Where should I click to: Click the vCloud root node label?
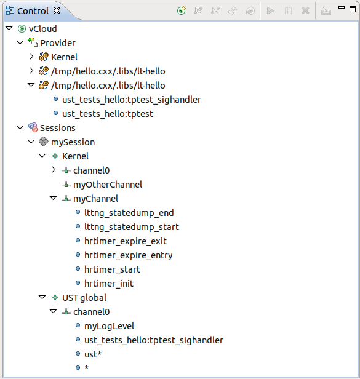pos(42,29)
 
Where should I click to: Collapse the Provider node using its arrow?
pos(20,42)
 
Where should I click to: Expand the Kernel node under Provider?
pos(31,57)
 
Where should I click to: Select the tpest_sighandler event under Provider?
pos(132,100)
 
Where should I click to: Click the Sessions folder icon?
pos(33,127)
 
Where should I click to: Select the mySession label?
pos(73,142)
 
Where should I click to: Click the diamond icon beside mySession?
pos(44,142)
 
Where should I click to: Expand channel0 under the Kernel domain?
pos(54,170)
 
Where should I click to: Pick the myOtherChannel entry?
pos(108,185)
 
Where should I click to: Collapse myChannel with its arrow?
pos(53,198)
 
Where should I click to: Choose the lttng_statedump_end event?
pos(129,213)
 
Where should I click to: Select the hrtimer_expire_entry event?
pos(129,255)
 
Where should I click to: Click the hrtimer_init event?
pos(109,284)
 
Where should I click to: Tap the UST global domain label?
pos(84,298)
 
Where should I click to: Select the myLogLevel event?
pos(109,326)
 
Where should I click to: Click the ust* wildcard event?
pos(93,354)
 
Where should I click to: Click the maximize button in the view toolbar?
pos(353,9)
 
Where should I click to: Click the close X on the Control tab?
pos(57,10)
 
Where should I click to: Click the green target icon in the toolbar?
pos(182,10)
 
